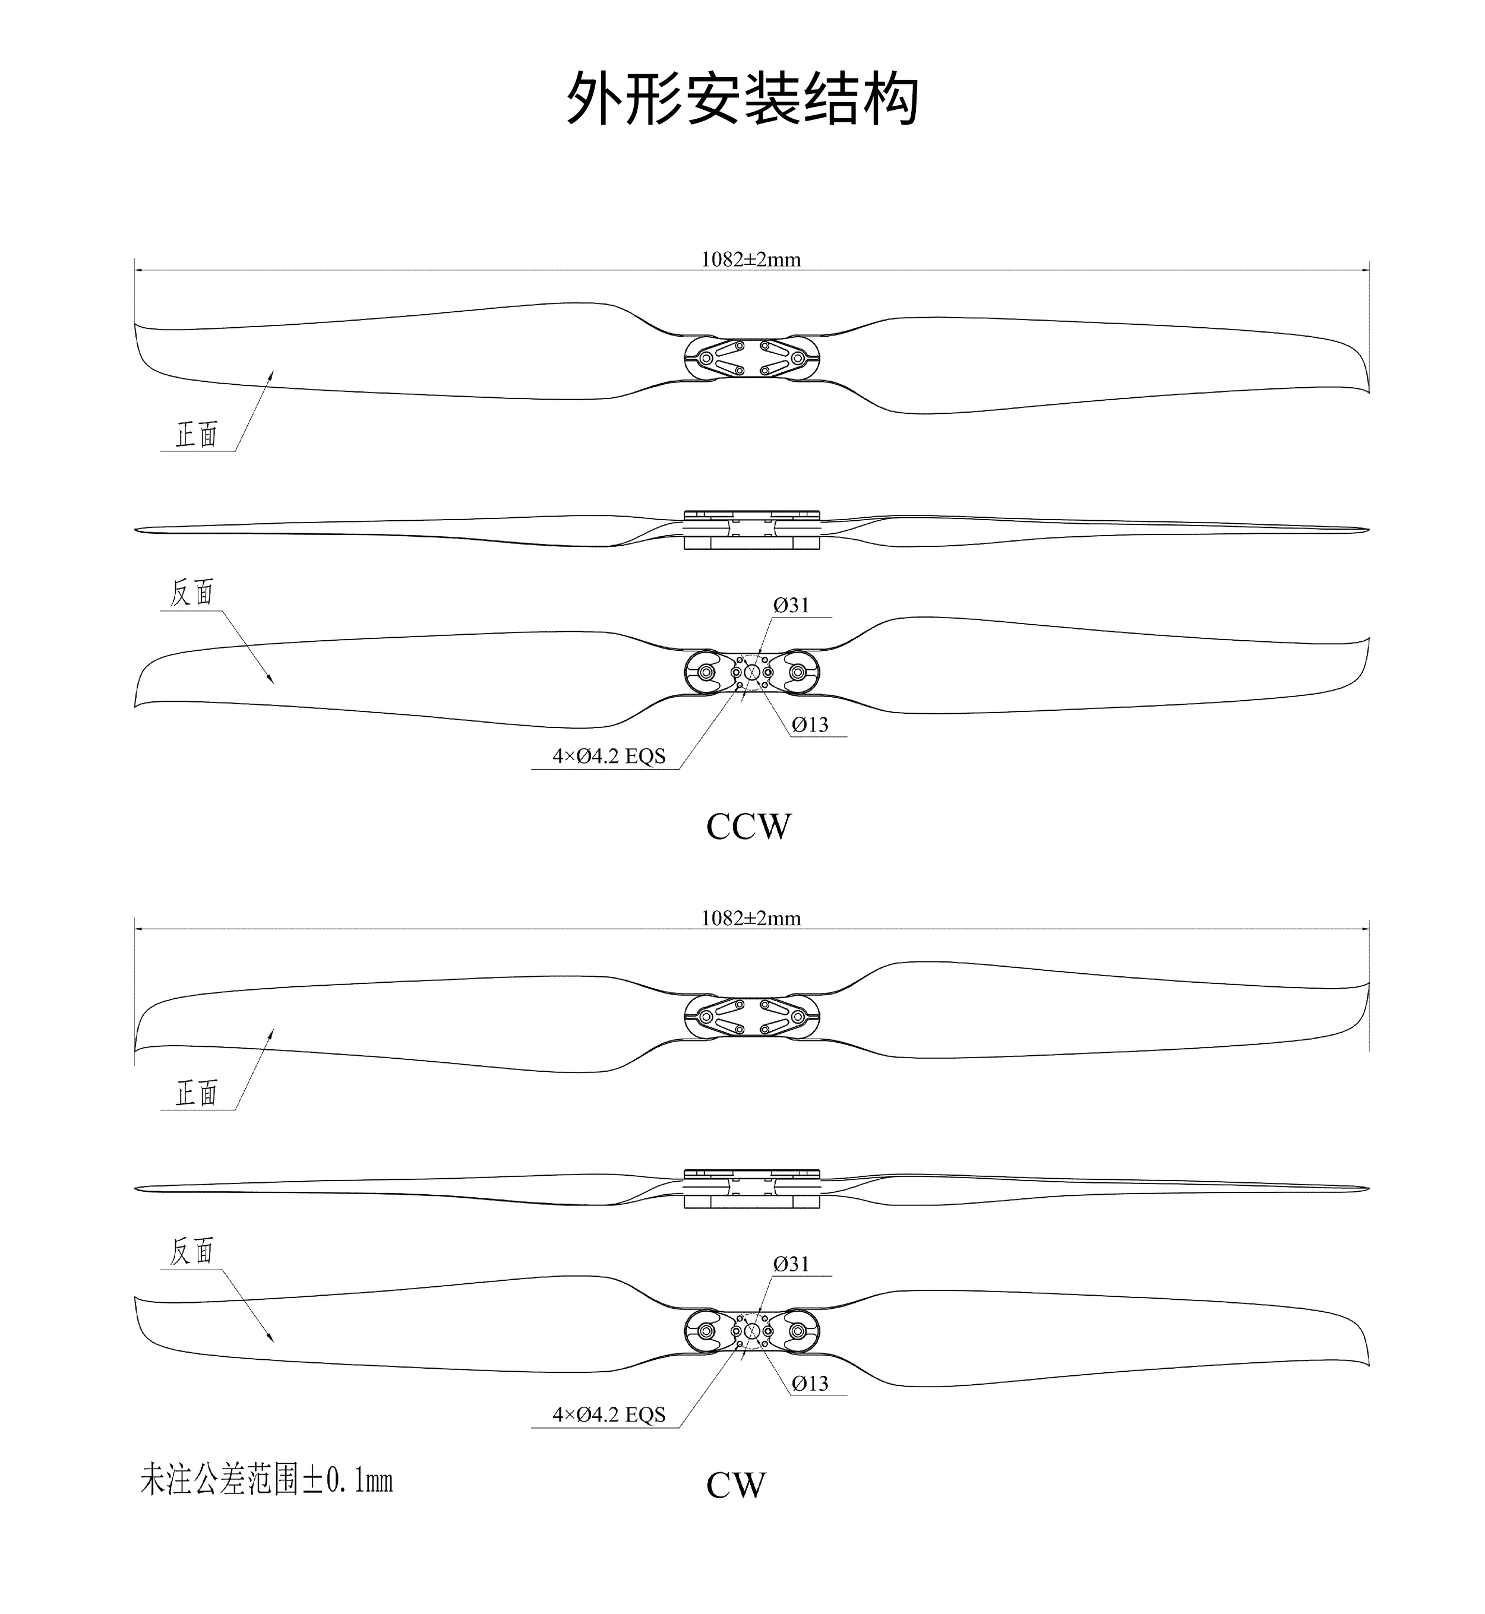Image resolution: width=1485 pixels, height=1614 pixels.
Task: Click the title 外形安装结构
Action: coord(742,98)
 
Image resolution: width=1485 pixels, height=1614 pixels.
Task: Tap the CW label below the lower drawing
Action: coord(736,1486)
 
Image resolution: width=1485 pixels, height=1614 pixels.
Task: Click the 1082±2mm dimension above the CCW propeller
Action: coord(751,259)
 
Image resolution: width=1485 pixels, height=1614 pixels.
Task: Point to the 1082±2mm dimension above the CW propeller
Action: coord(751,918)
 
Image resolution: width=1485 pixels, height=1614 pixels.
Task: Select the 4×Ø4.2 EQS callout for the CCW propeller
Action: coord(609,756)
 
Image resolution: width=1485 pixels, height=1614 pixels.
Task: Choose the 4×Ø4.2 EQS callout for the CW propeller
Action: coord(609,1414)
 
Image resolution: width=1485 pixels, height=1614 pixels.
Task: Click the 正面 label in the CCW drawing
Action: coord(197,435)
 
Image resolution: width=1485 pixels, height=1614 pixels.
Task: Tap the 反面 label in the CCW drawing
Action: coord(192,592)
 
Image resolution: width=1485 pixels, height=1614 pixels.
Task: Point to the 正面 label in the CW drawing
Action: coord(197,1093)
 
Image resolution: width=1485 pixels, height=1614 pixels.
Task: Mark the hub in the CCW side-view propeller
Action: coord(751,530)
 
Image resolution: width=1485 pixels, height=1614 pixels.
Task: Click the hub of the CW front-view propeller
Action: coord(751,1017)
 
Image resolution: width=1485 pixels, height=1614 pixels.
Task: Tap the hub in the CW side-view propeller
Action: coord(751,1189)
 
